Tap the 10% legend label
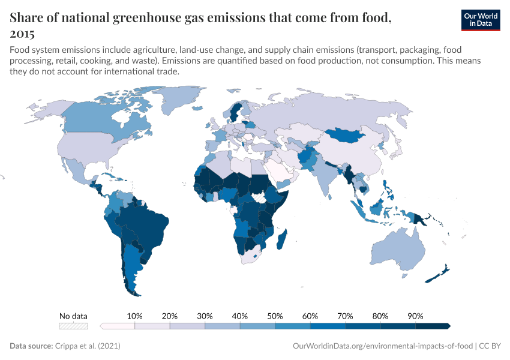point(134,316)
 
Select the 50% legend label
point(275,316)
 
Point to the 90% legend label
point(415,316)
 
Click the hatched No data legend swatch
point(73,326)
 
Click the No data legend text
point(73,316)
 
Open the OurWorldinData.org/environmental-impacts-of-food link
point(382,346)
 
